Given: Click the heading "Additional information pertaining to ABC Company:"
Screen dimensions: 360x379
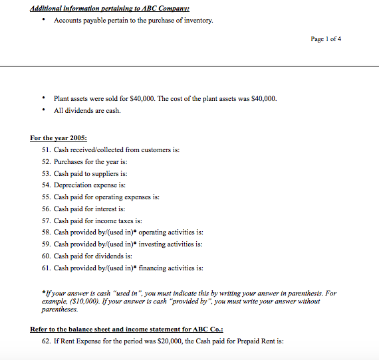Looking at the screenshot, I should click(110, 8).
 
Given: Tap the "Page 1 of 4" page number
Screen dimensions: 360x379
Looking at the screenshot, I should click(326, 39).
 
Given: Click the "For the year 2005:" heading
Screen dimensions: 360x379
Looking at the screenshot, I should click(59, 138).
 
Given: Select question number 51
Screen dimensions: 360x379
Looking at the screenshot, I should click(46, 150).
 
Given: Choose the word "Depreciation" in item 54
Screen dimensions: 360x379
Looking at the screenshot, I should click(75, 185).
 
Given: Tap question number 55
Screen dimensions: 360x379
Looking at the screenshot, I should click(46, 197).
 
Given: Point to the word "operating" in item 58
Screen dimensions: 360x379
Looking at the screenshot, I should click(136, 232).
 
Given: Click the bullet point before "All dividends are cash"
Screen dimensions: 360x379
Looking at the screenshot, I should click(43, 111).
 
